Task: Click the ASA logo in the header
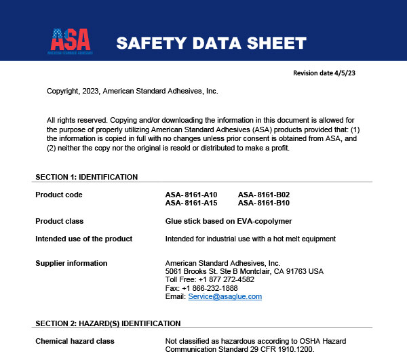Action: click(x=71, y=41)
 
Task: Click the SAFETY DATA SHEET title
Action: click(x=211, y=43)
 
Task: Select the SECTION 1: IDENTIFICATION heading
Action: click(x=86, y=177)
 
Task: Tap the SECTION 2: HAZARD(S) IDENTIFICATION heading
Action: click(x=108, y=323)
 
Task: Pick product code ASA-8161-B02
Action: click(x=264, y=195)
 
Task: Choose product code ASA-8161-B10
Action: click(x=264, y=203)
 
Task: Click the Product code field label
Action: click(x=59, y=195)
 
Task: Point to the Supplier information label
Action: click(x=71, y=263)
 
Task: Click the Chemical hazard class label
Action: click(x=75, y=341)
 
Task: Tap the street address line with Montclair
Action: click(x=244, y=271)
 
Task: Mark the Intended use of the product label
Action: click(x=83, y=239)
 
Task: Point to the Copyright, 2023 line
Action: click(x=132, y=91)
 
